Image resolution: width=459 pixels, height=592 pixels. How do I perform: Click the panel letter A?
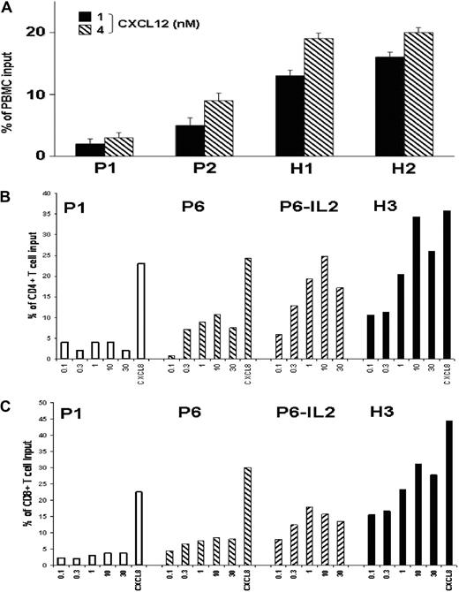pos(8,8)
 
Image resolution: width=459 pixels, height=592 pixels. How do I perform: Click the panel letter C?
pos(8,403)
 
